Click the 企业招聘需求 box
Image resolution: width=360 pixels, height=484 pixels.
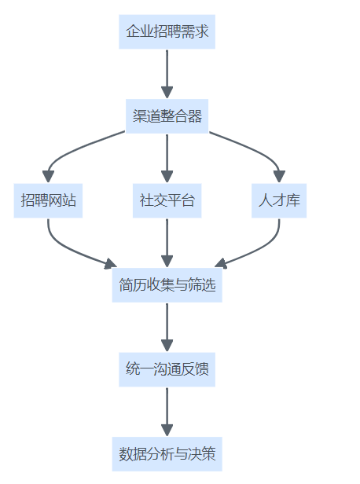point(167,31)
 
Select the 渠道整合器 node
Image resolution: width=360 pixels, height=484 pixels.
point(167,116)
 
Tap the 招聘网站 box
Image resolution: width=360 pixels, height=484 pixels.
point(48,200)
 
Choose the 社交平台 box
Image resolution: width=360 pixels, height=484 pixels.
point(167,200)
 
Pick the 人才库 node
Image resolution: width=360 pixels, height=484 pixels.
point(279,200)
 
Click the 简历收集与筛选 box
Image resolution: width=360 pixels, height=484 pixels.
point(167,285)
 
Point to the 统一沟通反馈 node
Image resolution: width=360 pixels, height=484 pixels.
point(167,369)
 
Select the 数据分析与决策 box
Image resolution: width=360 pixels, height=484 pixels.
point(167,454)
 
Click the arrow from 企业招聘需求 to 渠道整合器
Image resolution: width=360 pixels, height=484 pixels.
point(167,74)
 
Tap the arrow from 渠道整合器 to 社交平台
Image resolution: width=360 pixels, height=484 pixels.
point(167,159)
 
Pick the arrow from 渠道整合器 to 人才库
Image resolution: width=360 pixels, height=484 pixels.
point(254,148)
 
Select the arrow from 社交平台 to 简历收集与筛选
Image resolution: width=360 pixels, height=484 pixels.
point(167,243)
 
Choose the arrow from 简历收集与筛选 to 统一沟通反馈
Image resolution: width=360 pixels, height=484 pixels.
point(167,328)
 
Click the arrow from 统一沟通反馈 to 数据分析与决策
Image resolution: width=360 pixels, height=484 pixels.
point(167,412)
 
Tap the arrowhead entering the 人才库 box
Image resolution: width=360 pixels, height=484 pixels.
point(279,177)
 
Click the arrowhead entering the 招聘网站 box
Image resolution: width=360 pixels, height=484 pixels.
point(48,177)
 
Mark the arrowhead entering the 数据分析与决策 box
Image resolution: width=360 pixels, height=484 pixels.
point(167,431)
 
